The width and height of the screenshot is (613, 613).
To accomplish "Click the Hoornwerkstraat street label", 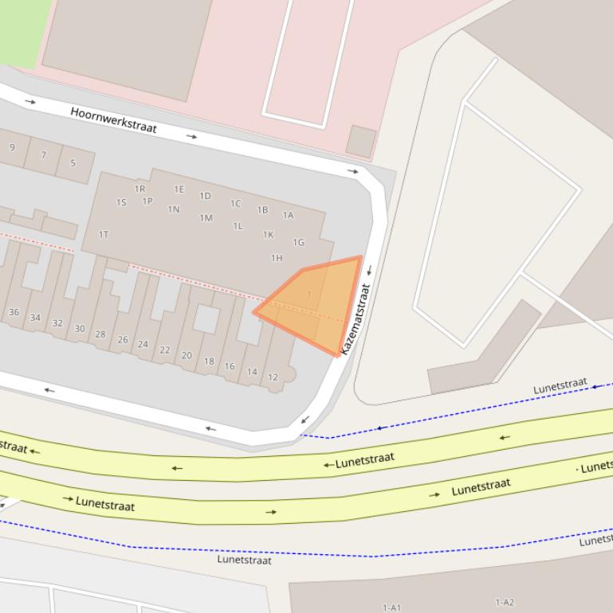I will pyautogui.click(x=113, y=120).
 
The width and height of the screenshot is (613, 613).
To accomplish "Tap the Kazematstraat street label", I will pyautogui.click(x=356, y=319).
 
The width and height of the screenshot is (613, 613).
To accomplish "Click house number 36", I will pyautogui.click(x=14, y=312).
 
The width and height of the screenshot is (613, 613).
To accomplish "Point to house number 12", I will pyautogui.click(x=273, y=377).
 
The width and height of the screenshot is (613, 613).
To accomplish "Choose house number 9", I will pyautogui.click(x=12, y=147).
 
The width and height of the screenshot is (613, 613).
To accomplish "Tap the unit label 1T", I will pyautogui.click(x=103, y=235).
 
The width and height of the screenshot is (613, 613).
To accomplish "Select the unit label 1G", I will pyautogui.click(x=298, y=243).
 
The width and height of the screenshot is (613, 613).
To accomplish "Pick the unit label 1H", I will pyautogui.click(x=277, y=258).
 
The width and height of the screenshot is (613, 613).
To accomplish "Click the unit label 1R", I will pyautogui.click(x=140, y=189).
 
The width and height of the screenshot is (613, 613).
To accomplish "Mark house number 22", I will pyautogui.click(x=165, y=350).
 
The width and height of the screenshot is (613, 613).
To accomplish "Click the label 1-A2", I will pyautogui.click(x=505, y=603).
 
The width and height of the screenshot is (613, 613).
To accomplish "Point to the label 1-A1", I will pyautogui.click(x=391, y=607).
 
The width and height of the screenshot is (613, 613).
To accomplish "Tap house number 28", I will pyautogui.click(x=100, y=334).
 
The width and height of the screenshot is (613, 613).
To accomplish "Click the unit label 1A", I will pyautogui.click(x=288, y=215).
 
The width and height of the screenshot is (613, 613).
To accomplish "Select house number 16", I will pyautogui.click(x=230, y=366).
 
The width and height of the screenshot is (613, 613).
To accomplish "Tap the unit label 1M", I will pyautogui.click(x=206, y=218).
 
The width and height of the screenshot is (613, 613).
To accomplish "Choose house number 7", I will pyautogui.click(x=43, y=155).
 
